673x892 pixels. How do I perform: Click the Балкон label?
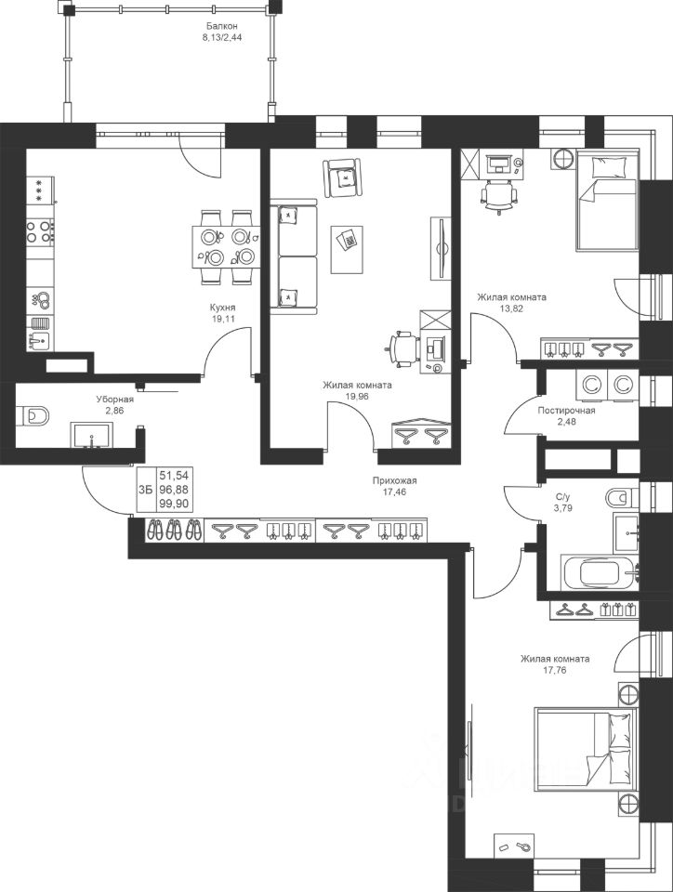click(221, 26)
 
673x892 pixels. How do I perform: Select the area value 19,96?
click(356, 396)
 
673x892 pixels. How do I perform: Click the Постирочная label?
click(566, 410)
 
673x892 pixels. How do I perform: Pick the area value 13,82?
click(511, 308)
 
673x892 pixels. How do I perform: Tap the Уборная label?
click(114, 400)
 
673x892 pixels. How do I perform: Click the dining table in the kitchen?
click(227, 246)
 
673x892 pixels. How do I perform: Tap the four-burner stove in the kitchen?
click(40, 231)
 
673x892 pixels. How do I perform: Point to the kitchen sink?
click(40, 341)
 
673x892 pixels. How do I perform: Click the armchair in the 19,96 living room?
click(342, 178)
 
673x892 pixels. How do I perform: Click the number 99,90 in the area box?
click(174, 504)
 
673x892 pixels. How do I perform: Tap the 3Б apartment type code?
click(146, 490)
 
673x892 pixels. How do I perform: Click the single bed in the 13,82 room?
click(607, 201)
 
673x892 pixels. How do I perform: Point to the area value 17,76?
click(555, 670)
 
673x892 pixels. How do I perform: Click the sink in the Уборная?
click(92, 435)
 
